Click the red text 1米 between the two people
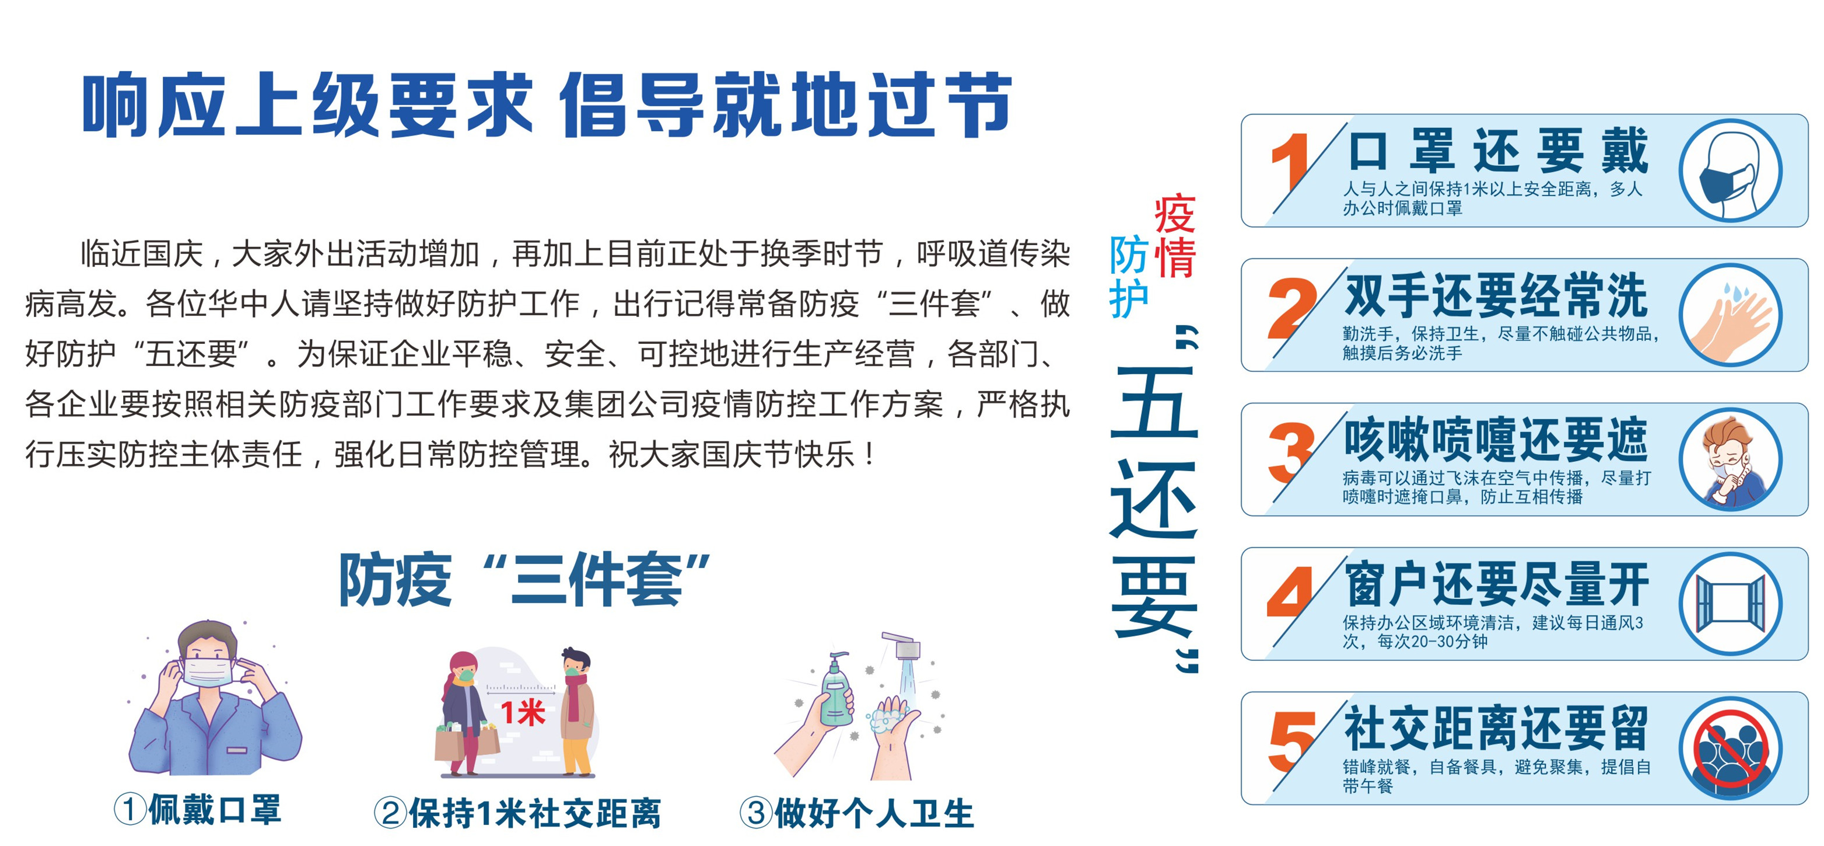[x=523, y=713]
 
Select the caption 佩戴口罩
[x=215, y=809]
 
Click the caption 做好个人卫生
[x=874, y=813]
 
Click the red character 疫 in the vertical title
[x=1175, y=214]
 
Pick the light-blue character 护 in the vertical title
[x=1129, y=298]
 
